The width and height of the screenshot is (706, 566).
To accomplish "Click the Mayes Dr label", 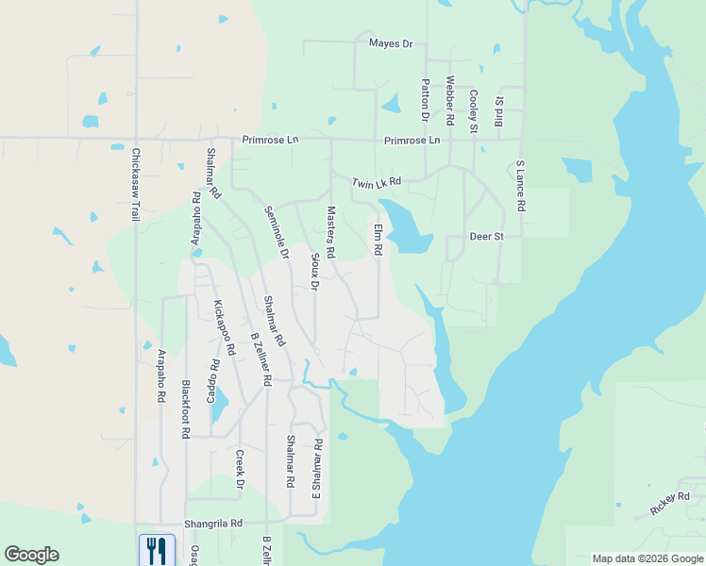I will click(x=391, y=43).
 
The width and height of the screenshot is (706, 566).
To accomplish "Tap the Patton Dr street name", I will click(x=426, y=101).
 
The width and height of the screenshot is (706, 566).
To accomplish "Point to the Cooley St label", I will click(x=474, y=110).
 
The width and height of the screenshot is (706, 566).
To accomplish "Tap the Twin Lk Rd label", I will click(x=377, y=181).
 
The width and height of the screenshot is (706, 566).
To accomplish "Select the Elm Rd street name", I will click(x=378, y=240).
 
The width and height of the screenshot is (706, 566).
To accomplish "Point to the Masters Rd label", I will click(x=331, y=233).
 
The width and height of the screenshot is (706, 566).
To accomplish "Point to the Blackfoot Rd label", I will click(x=186, y=409).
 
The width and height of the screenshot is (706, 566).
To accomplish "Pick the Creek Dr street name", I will click(x=240, y=469).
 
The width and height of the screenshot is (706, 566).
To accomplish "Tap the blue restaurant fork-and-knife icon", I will click(x=157, y=549).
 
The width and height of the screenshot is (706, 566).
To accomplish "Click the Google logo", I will click(x=31, y=555).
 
